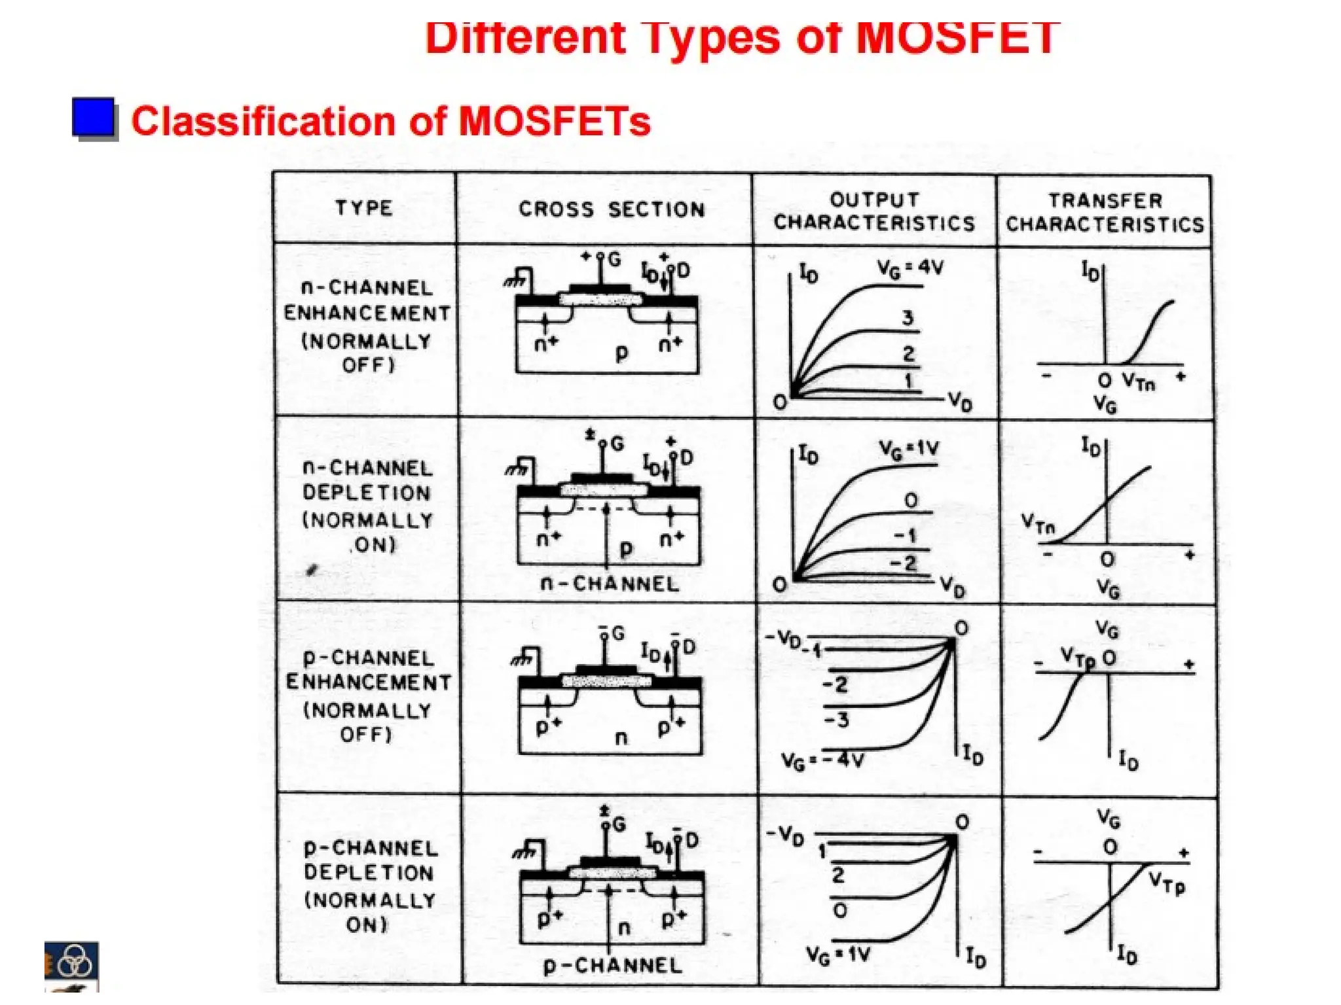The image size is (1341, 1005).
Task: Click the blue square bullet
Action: (93, 118)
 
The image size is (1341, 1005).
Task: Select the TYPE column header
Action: (364, 208)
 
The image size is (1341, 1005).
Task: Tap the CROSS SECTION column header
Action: (612, 209)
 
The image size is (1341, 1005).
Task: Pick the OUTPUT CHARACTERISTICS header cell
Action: (874, 211)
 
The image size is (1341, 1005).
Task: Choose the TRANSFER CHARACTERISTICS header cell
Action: (1105, 213)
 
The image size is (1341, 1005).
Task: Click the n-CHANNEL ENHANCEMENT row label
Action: (367, 326)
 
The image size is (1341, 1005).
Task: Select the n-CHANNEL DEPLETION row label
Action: (368, 506)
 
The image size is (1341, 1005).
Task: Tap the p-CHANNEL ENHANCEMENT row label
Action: (368, 696)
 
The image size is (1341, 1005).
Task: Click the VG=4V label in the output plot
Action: (910, 268)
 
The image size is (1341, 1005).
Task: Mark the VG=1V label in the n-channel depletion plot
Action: (909, 450)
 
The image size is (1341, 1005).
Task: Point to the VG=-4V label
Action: (822, 760)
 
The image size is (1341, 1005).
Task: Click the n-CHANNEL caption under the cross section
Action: (610, 584)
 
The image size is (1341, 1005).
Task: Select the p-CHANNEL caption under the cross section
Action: (612, 965)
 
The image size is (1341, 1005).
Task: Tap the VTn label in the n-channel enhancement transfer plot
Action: (1139, 381)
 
